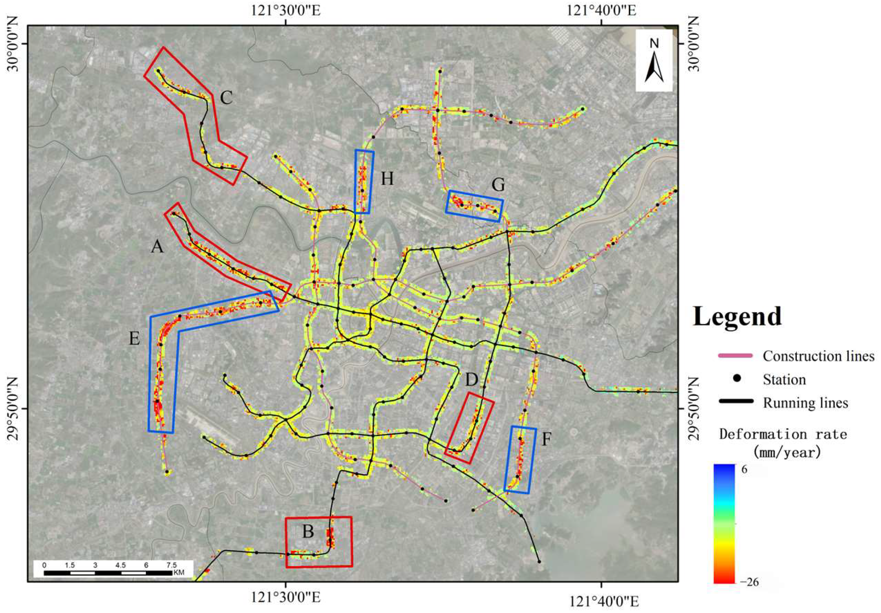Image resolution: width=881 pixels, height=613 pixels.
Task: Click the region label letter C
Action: pos(226,98)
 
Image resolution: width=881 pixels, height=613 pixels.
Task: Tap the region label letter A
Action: pos(157,246)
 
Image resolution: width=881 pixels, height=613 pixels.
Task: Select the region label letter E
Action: pos(134,339)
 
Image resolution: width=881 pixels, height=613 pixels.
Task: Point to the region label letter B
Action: pos(308,532)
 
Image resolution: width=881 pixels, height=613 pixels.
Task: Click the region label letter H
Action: pos(387,179)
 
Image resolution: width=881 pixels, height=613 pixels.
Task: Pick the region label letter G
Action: pos(498,185)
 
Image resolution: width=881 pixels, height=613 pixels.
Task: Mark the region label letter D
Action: pos(472,380)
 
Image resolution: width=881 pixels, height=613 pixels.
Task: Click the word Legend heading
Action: pos(737,317)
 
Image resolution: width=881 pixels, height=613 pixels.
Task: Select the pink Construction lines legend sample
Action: pos(735,356)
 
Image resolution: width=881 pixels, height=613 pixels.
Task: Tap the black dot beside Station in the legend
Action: pos(736,379)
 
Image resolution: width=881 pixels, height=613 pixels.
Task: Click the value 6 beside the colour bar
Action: pos(744,470)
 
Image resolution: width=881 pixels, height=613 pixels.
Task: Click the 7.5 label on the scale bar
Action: pos(172,565)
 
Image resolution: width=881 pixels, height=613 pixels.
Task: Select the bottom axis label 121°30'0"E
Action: pos(286,602)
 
